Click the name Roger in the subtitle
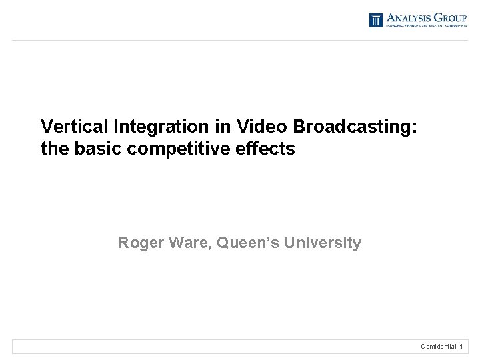coord(141,243)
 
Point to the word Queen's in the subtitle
coord(247,243)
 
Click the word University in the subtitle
coord(323,243)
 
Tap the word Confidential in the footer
coord(439,347)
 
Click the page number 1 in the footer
coord(461,347)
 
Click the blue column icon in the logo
coord(376,20)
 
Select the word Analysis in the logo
coord(409,17)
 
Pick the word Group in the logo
coord(451,17)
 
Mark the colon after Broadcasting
coord(415,127)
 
